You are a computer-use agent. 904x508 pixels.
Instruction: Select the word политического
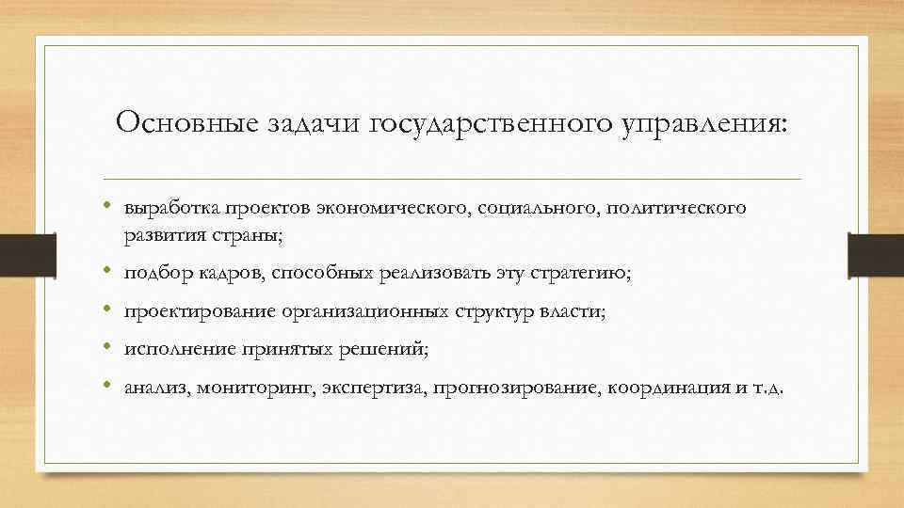point(678,207)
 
